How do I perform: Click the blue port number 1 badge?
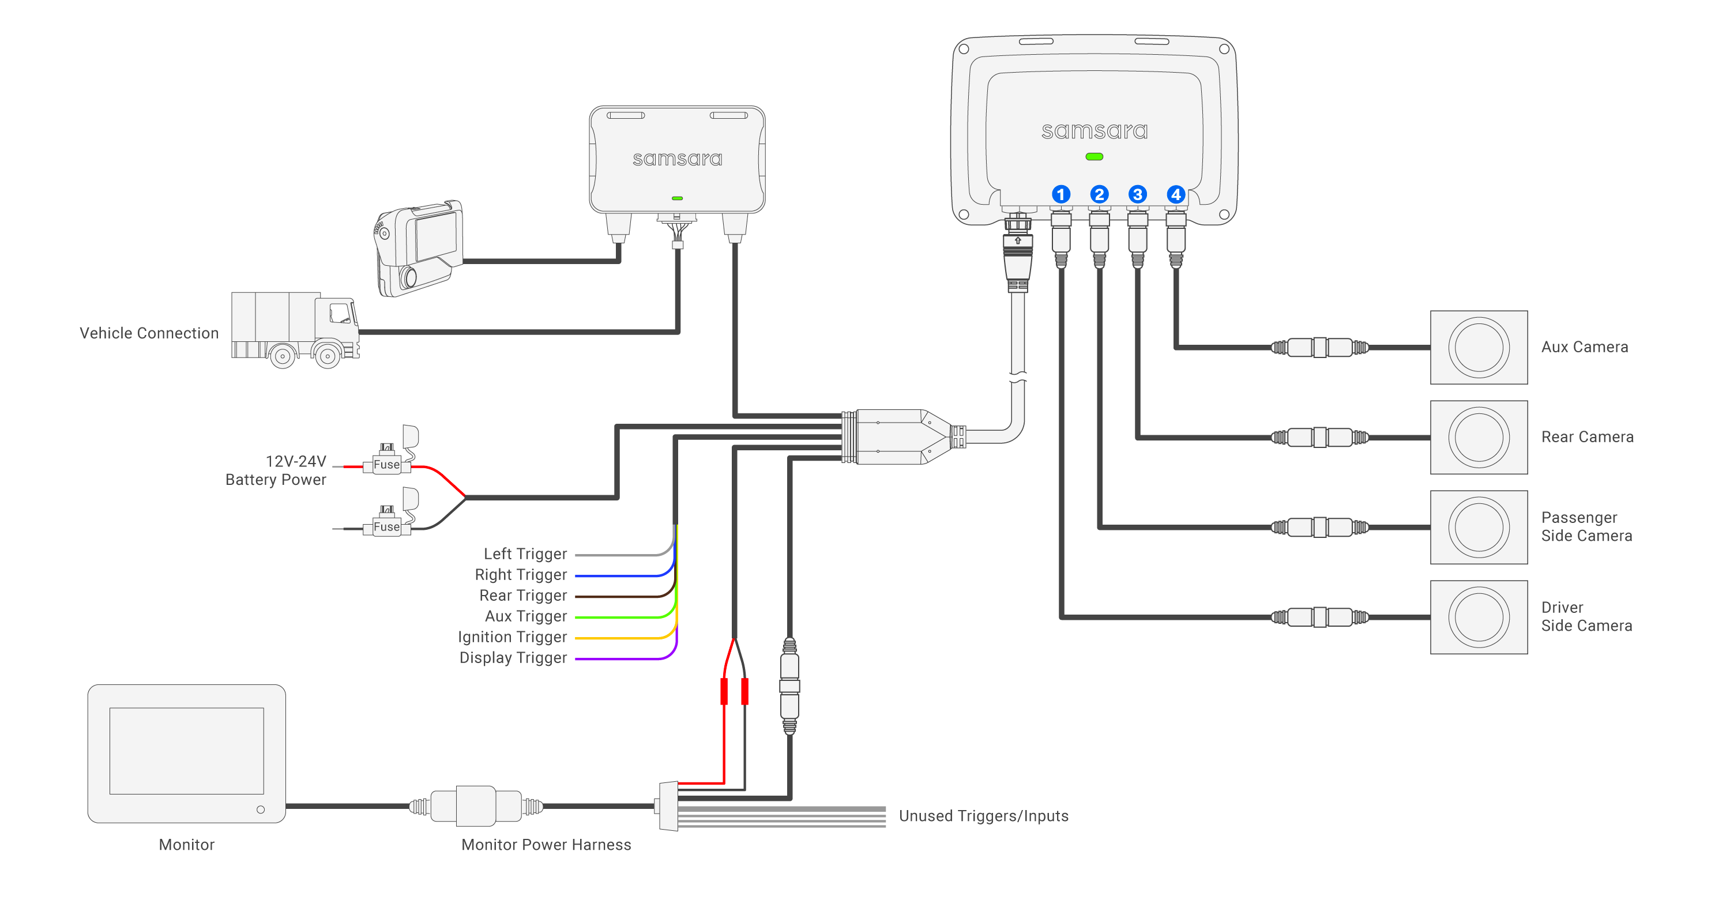click(x=1060, y=195)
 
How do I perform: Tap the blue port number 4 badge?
click(x=1175, y=195)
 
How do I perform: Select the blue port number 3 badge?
click(x=1137, y=195)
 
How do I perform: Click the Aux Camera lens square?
click(x=1478, y=347)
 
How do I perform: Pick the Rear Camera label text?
click(x=1586, y=437)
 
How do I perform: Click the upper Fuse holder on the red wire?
click(x=387, y=464)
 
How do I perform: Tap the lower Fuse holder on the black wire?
click(x=387, y=526)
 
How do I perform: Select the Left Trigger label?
click(x=525, y=554)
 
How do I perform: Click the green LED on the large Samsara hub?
click(x=1094, y=156)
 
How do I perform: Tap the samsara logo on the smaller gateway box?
click(x=677, y=159)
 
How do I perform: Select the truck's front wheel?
click(x=328, y=356)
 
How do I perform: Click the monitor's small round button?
click(x=261, y=809)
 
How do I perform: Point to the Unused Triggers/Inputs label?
click(x=983, y=816)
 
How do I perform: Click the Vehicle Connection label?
click(x=149, y=334)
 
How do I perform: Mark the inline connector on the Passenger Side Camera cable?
click(x=1319, y=527)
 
